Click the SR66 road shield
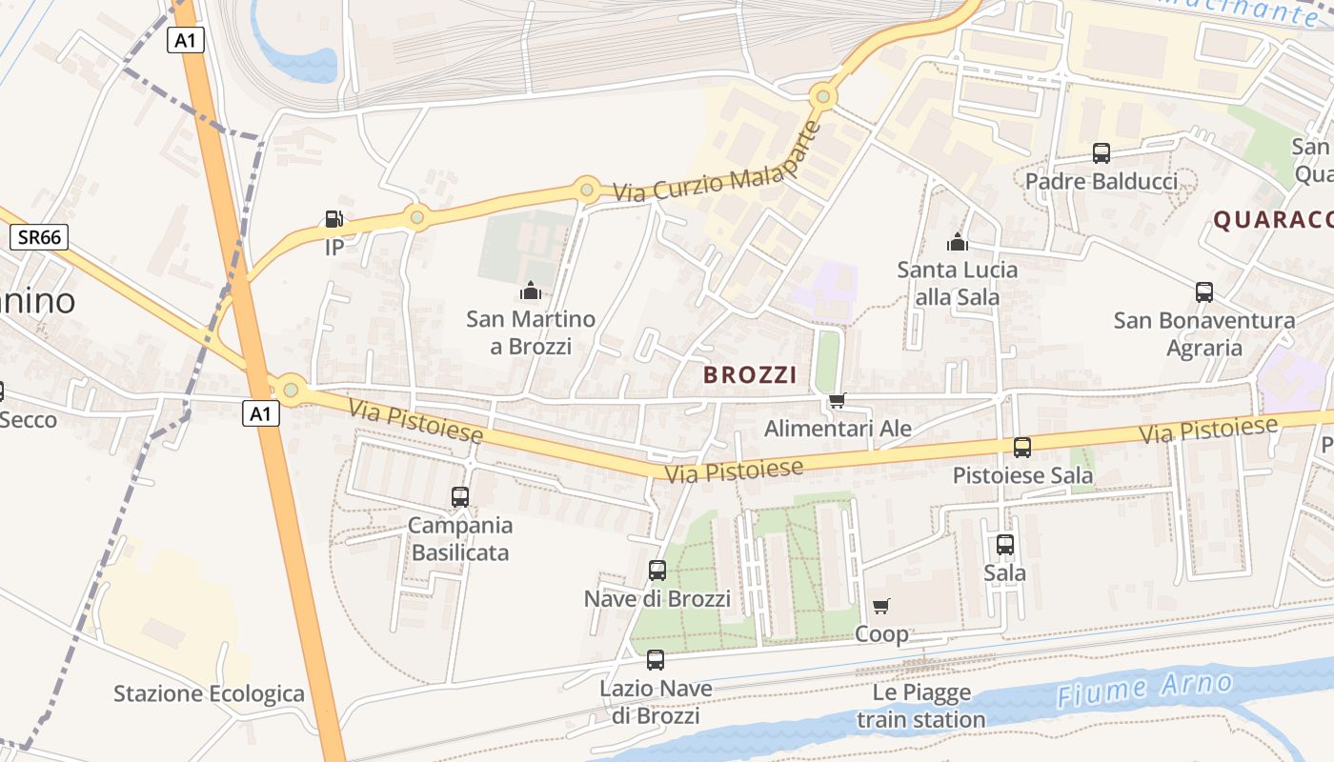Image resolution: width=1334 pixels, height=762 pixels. (x=39, y=237)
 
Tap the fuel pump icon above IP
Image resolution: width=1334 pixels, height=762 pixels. (x=333, y=220)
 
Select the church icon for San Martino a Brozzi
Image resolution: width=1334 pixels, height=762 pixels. (x=531, y=291)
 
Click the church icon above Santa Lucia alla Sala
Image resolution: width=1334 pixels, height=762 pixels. (x=957, y=242)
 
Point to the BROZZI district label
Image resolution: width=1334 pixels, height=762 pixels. (x=749, y=375)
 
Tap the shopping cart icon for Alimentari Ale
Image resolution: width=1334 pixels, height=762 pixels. (x=837, y=400)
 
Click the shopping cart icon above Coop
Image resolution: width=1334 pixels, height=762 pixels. (x=881, y=606)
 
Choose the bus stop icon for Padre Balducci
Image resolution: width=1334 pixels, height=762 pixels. (x=1102, y=152)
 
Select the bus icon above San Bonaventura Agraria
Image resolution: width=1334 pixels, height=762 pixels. (x=1204, y=292)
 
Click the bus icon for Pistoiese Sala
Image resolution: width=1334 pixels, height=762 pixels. (x=1022, y=447)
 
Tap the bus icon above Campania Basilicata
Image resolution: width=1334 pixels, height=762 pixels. (x=460, y=496)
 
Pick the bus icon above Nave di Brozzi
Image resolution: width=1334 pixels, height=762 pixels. (x=657, y=571)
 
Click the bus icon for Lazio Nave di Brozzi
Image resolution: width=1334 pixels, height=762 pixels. (x=656, y=659)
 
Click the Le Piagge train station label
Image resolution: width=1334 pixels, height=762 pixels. (x=920, y=706)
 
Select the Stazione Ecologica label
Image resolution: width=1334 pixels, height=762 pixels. (x=209, y=693)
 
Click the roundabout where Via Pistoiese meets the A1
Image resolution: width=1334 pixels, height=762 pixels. (x=291, y=390)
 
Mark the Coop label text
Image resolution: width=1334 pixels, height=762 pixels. (x=881, y=633)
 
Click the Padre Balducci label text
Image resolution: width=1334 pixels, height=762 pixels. (x=1102, y=181)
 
